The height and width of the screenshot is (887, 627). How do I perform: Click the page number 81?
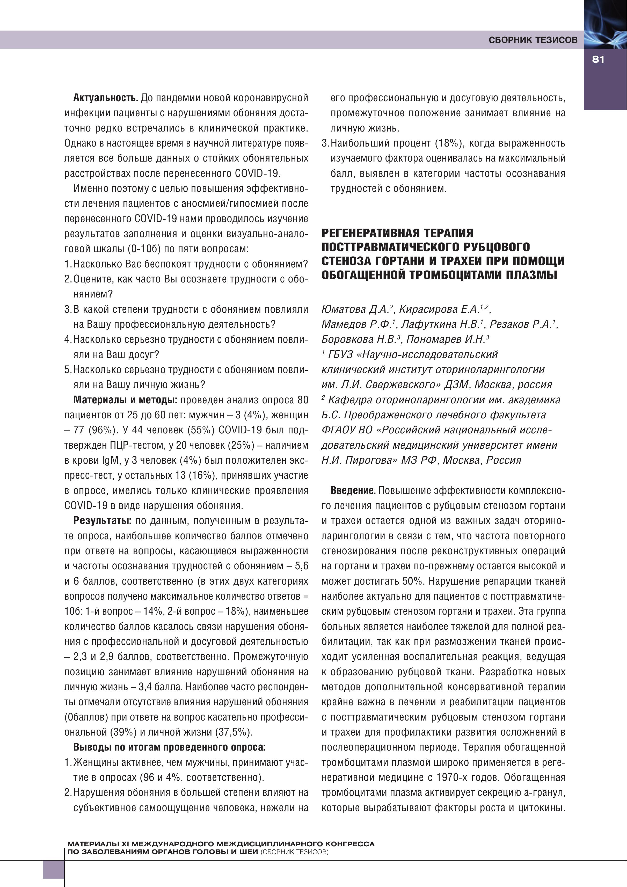598,60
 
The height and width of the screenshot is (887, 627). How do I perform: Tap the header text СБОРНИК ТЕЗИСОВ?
533,40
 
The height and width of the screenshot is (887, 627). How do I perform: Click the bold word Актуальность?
105,98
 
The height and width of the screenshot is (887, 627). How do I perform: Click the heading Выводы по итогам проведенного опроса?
169,747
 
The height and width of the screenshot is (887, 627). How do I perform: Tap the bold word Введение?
353,491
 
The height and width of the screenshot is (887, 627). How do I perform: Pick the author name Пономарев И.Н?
446,340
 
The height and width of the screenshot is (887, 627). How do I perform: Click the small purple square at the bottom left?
53,869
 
